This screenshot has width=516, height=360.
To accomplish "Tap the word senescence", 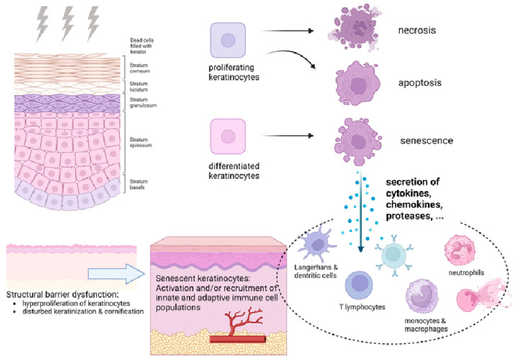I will tap(427, 141).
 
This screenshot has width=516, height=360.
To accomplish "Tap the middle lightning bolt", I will tap(68, 23).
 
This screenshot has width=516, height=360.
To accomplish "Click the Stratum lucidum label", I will tap(139, 86).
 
